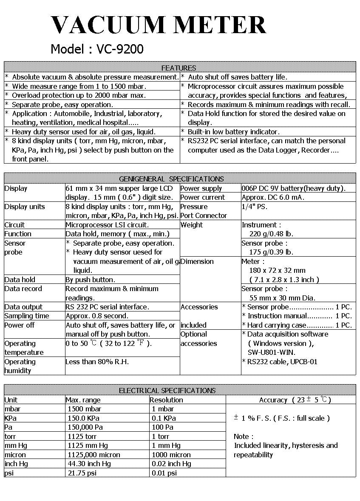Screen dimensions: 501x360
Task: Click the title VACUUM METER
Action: click(x=158, y=25)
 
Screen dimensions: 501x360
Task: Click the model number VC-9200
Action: click(x=120, y=49)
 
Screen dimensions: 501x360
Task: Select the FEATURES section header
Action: click(x=179, y=68)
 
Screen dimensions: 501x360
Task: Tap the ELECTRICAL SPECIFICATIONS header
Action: click(x=167, y=391)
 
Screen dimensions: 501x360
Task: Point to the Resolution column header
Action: click(x=167, y=400)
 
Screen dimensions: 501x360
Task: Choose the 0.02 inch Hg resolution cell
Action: click(x=171, y=464)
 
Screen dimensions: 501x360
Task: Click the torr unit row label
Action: click(x=10, y=436)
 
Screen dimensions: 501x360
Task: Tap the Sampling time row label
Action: click(x=27, y=316)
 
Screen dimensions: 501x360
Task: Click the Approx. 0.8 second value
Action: click(x=97, y=316)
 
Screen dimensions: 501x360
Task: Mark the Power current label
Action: click(x=202, y=197)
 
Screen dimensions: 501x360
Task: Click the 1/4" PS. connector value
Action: click(x=255, y=207)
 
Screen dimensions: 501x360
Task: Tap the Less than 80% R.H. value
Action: click(x=97, y=362)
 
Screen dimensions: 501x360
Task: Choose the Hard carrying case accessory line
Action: click(x=297, y=325)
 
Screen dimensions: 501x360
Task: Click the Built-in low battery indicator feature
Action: click(x=233, y=132)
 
